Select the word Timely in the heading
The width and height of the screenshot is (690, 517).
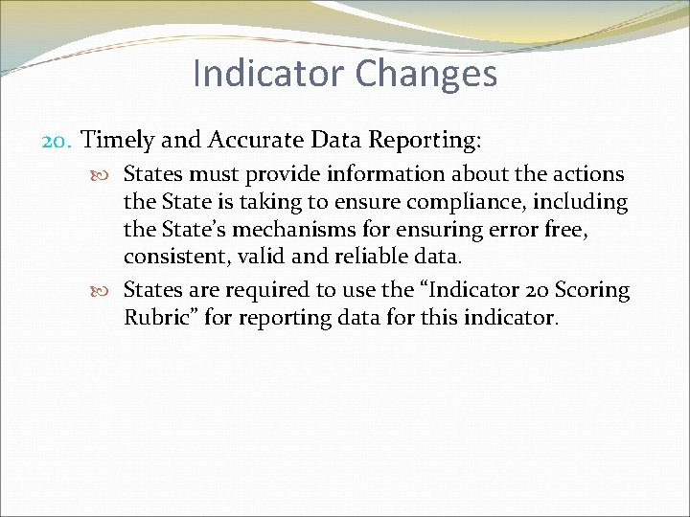118,141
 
